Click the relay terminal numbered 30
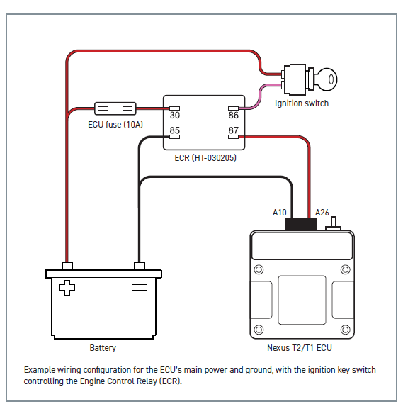point(175,108)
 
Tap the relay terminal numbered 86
point(233,108)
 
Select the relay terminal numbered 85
point(175,137)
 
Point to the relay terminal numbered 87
point(233,137)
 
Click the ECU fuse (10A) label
point(115,125)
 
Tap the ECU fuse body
point(115,108)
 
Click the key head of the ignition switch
point(327,79)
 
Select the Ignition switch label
point(302,103)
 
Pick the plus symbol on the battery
point(67,288)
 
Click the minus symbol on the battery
point(140,288)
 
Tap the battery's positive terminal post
point(67,266)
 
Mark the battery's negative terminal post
point(140,266)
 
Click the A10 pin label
point(280,213)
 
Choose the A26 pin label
point(322,213)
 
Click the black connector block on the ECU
point(301,225)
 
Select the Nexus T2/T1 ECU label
point(300,348)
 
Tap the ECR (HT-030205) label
point(205,158)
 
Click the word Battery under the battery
point(103,348)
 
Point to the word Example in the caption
point(40,370)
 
